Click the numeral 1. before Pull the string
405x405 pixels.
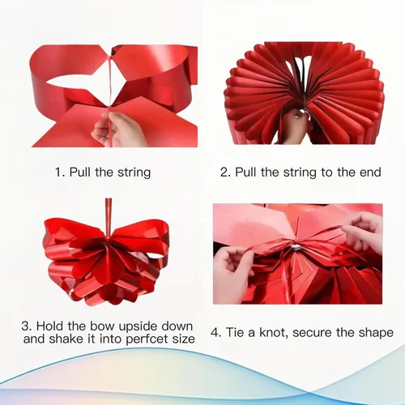(x=59, y=173)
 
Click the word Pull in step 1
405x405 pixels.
(x=80, y=172)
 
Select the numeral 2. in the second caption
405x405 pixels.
(x=225, y=173)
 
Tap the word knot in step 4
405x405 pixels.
(x=273, y=333)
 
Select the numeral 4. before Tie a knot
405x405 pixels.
(x=216, y=333)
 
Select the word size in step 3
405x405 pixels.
(x=184, y=339)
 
